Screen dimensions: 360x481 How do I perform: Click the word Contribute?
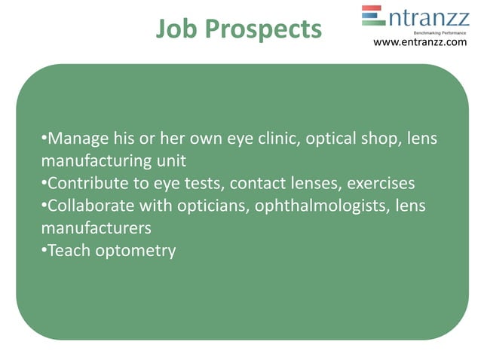(x=89, y=183)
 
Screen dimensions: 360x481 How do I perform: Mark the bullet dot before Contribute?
(x=43, y=183)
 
